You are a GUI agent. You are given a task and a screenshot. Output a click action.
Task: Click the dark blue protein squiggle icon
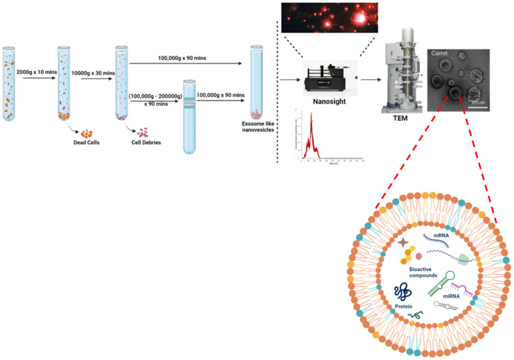pos(404,291)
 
